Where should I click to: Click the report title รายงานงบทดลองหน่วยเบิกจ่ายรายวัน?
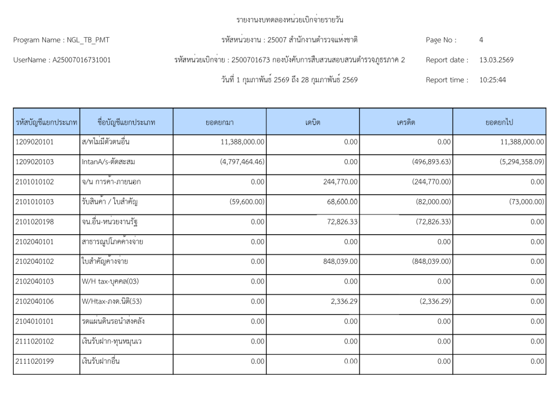pos(290,20)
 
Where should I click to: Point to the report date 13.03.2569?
pos(496,60)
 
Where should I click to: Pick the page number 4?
pos(481,40)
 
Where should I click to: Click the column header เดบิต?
pos(313,122)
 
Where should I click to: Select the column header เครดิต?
pos(406,122)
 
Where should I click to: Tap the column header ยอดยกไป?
pos(499,122)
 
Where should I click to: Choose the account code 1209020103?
pos(35,162)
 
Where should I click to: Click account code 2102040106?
pos(35,301)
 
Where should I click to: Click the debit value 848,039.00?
pos(337,262)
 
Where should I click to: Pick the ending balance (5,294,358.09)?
pos(515,162)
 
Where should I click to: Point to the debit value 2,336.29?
pos(342,301)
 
